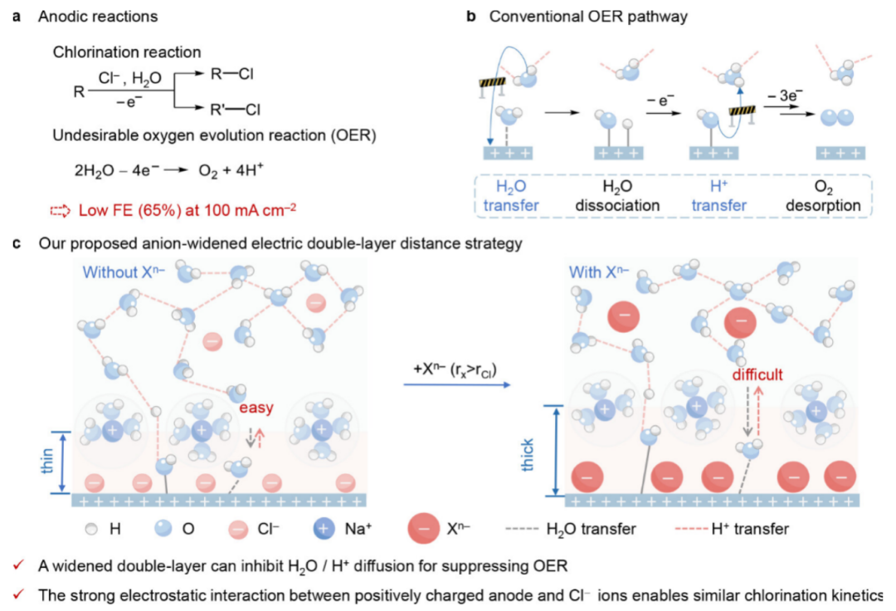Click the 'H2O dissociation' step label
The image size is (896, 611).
click(x=620, y=196)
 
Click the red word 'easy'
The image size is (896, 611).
click(x=256, y=408)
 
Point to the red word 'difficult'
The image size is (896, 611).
click(x=757, y=374)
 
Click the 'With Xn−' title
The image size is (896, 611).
click(x=599, y=271)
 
